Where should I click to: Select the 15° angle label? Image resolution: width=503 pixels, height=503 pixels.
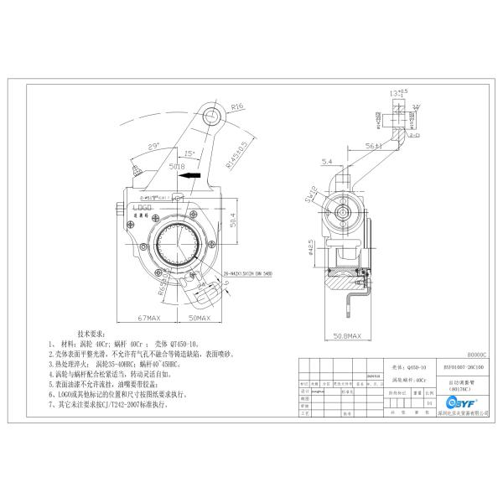190,153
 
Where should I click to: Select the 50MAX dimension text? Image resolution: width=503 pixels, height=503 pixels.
198,319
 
